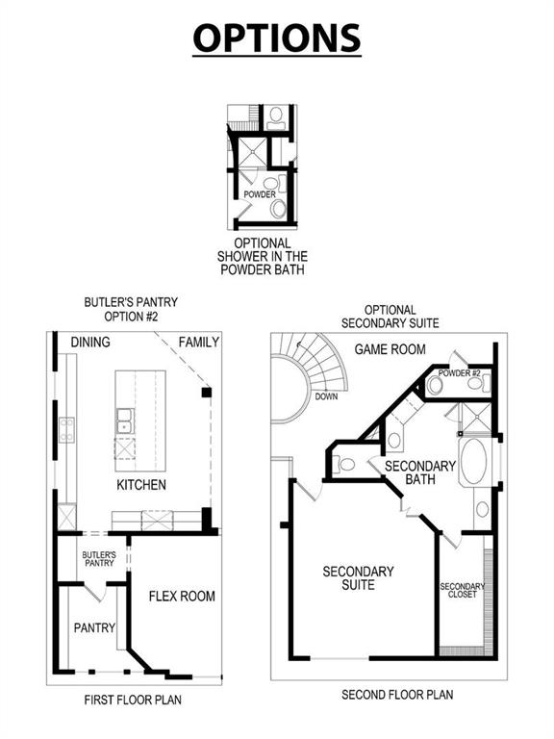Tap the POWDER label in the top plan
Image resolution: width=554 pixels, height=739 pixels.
point(259,194)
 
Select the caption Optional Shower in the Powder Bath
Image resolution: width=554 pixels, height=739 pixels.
point(263,257)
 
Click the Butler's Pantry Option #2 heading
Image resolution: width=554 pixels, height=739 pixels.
point(131,310)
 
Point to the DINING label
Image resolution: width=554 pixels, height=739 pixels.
point(89,343)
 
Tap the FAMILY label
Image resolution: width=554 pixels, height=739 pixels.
point(199,343)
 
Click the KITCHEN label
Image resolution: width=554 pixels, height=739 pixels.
point(140,485)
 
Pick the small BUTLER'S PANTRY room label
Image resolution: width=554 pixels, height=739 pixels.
point(99,559)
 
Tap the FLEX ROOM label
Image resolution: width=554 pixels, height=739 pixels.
point(182,597)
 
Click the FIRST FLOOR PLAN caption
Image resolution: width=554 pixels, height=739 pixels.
point(133,700)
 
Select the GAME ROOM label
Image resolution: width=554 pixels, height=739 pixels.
point(390,349)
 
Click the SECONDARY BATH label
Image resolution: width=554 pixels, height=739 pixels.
point(420,472)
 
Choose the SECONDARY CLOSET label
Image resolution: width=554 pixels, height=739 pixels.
point(462,591)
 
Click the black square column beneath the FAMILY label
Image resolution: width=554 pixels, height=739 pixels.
point(205,393)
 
